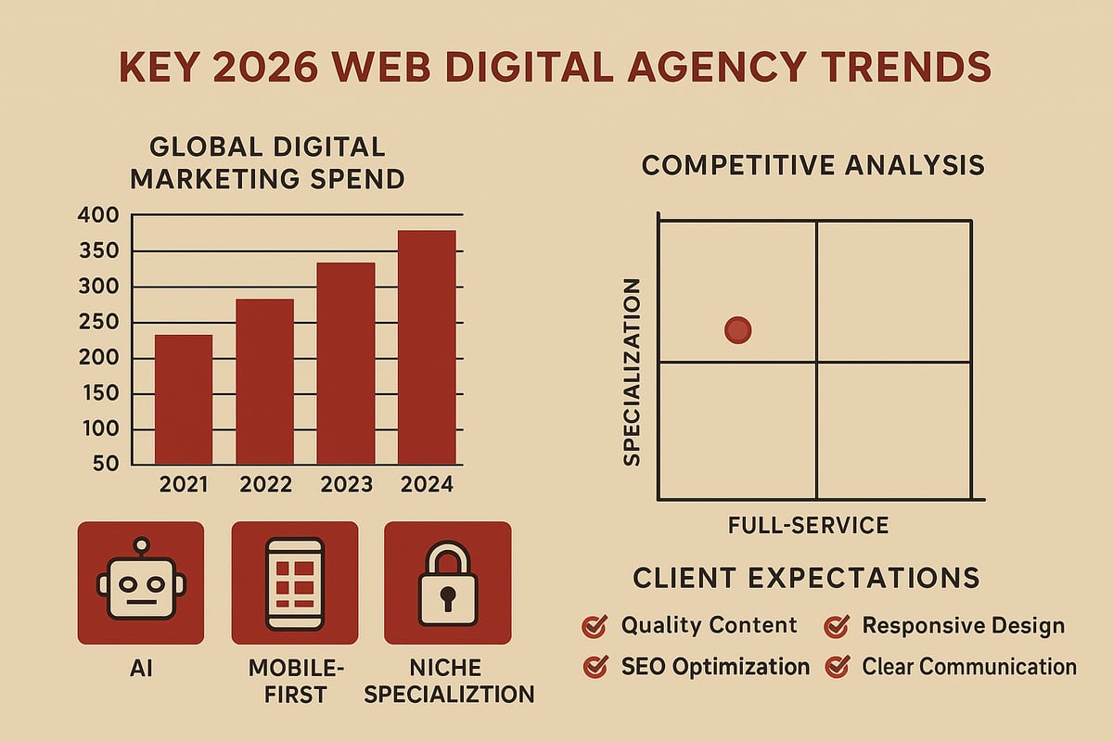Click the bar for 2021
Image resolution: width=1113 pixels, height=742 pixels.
pyautogui.click(x=183, y=399)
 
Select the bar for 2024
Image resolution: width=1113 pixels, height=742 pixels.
pyautogui.click(x=427, y=347)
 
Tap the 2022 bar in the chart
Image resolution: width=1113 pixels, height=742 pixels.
pyautogui.click(x=264, y=381)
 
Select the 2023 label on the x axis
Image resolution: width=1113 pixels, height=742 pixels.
pyautogui.click(x=346, y=484)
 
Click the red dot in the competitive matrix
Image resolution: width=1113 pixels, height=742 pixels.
pyautogui.click(x=737, y=329)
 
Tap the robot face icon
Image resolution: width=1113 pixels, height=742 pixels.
pyautogui.click(x=141, y=582)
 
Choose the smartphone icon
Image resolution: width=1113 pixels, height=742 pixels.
pyautogui.click(x=294, y=583)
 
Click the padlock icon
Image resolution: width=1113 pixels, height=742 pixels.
pyautogui.click(x=447, y=583)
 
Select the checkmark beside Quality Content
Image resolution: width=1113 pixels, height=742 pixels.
pyautogui.click(x=593, y=627)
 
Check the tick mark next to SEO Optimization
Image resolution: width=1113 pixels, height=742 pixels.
pyautogui.click(x=593, y=667)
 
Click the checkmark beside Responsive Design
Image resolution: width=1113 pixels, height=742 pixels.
pyautogui.click(x=836, y=627)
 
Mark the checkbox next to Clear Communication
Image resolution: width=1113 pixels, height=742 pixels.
pyautogui.click(x=836, y=667)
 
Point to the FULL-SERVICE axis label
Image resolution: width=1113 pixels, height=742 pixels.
pyautogui.click(x=809, y=525)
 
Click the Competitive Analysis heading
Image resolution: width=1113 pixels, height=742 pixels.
pyautogui.click(x=812, y=165)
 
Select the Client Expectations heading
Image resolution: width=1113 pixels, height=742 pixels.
pyautogui.click(x=806, y=578)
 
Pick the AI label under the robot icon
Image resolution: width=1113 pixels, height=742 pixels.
pyautogui.click(x=141, y=669)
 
